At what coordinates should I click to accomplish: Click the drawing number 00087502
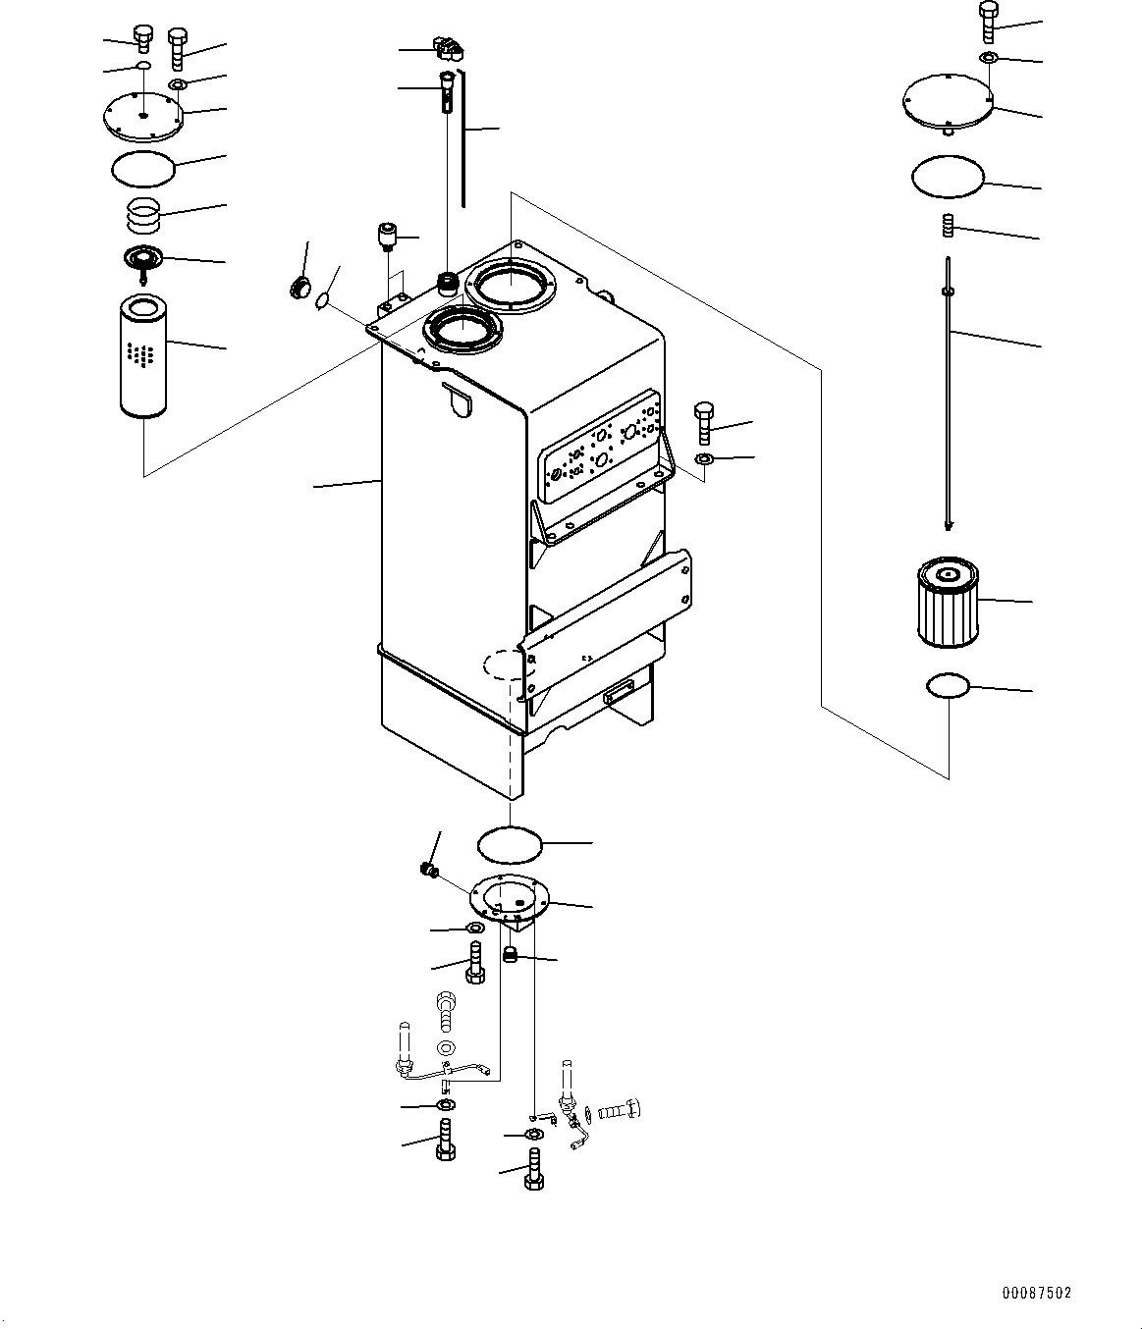click(1037, 1294)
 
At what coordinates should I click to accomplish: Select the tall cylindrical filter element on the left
click(142, 356)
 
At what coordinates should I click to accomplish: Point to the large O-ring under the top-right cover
click(947, 178)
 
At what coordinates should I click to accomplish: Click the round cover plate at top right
click(948, 99)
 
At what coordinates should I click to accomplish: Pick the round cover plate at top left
click(143, 116)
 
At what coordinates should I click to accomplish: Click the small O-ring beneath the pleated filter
click(948, 686)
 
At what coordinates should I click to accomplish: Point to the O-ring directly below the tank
click(510, 842)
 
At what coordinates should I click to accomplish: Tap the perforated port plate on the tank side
click(600, 449)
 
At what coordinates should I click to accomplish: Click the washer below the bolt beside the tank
click(704, 459)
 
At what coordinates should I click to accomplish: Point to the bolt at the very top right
click(988, 21)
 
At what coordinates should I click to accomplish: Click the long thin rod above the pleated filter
click(949, 393)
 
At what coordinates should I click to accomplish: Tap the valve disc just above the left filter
click(143, 260)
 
